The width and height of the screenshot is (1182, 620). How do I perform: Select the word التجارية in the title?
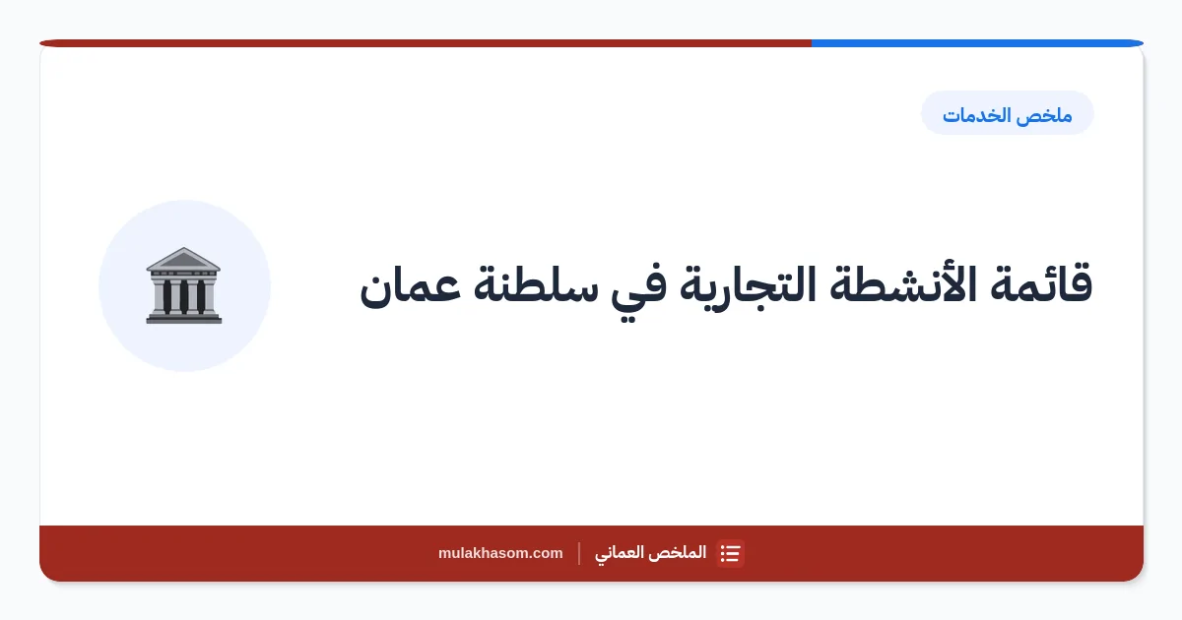(x=748, y=287)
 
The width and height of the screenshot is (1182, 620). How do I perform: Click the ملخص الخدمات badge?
(x=1008, y=113)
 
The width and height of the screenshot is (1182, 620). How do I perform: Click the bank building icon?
(x=183, y=285)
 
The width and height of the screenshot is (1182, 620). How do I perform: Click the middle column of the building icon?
(x=183, y=296)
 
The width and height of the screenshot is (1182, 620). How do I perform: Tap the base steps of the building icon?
(x=183, y=318)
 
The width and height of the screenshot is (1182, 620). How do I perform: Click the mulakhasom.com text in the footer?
(x=500, y=553)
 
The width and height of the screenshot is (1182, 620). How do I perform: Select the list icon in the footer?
(x=730, y=553)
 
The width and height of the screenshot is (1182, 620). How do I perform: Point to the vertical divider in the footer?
(x=579, y=553)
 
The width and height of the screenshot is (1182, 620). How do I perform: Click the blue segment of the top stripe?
(x=977, y=43)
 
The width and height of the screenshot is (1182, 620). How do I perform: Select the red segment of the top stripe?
(x=426, y=43)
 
